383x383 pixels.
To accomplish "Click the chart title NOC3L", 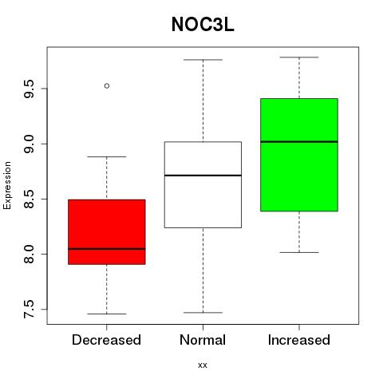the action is (x=203, y=25).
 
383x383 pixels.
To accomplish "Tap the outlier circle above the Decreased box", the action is (x=107, y=86).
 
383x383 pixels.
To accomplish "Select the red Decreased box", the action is (x=107, y=232).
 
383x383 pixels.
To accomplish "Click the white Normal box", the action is (x=203, y=184).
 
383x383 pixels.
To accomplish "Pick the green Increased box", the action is (x=299, y=155).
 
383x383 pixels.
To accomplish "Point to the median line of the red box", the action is (x=107, y=249).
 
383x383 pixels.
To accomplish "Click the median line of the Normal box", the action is (x=203, y=176).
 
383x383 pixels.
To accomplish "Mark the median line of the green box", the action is (x=299, y=141).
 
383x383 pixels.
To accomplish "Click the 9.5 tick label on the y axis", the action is (x=29, y=89).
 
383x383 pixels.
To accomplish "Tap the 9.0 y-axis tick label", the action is (x=29, y=144).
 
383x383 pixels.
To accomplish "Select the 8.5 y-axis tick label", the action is (x=29, y=199).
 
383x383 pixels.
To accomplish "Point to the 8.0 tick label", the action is (x=29, y=255).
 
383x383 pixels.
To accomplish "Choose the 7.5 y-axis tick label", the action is (x=29, y=310).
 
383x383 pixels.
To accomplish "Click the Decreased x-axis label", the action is (x=106, y=340).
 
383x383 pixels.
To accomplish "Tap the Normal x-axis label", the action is (x=203, y=340).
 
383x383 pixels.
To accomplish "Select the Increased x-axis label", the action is (x=299, y=340).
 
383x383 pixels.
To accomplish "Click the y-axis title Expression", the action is (x=7, y=185).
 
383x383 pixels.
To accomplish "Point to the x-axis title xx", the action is (x=203, y=365).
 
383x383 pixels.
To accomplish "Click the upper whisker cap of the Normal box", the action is (x=203, y=60).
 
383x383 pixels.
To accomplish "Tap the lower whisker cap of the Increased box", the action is (x=299, y=252).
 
